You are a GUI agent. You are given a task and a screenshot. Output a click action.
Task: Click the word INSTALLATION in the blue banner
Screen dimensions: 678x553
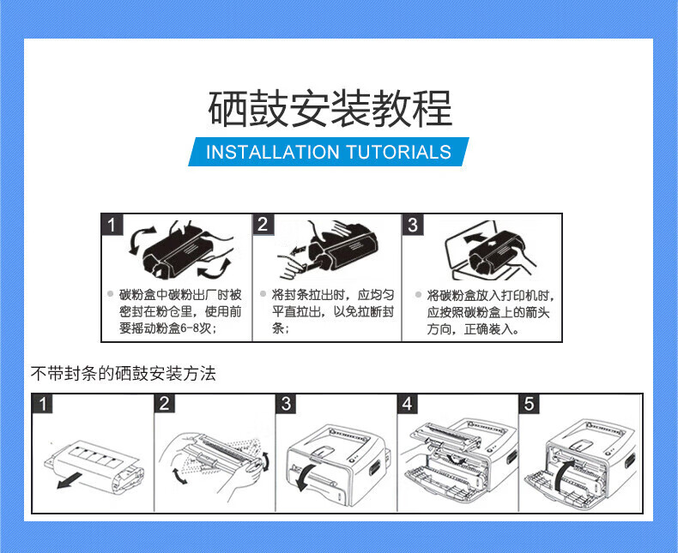tap(273, 152)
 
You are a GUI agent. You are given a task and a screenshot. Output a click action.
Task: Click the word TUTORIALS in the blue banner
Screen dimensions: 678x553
tap(399, 152)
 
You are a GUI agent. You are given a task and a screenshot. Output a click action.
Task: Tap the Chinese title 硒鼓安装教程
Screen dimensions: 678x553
tap(330, 108)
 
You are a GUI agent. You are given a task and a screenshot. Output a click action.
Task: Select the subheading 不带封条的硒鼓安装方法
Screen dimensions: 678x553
tap(124, 373)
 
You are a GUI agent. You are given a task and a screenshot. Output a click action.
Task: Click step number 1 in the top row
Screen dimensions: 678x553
tap(112, 225)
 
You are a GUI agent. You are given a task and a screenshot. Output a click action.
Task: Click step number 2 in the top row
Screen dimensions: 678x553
tap(263, 225)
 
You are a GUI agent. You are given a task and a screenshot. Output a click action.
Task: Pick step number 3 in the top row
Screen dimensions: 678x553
tap(413, 225)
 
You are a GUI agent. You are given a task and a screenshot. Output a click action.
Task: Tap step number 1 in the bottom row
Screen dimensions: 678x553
tap(42, 404)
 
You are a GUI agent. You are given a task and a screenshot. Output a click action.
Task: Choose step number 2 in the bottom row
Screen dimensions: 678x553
tap(164, 404)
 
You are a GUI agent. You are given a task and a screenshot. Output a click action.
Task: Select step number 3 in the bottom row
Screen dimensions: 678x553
tap(286, 404)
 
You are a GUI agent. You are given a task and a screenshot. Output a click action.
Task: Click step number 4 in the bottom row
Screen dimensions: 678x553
tap(408, 404)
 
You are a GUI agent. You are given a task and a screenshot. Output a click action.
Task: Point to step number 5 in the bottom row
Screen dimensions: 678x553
tap(529, 404)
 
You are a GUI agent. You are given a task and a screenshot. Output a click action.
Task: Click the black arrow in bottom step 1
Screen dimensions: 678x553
tap(70, 480)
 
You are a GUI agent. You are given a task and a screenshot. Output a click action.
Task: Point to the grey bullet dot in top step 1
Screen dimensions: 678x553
tap(110, 294)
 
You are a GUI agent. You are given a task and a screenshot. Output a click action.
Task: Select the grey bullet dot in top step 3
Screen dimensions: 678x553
tap(418, 295)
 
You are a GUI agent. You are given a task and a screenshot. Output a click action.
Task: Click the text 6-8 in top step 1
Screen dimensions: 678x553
tap(191, 328)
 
